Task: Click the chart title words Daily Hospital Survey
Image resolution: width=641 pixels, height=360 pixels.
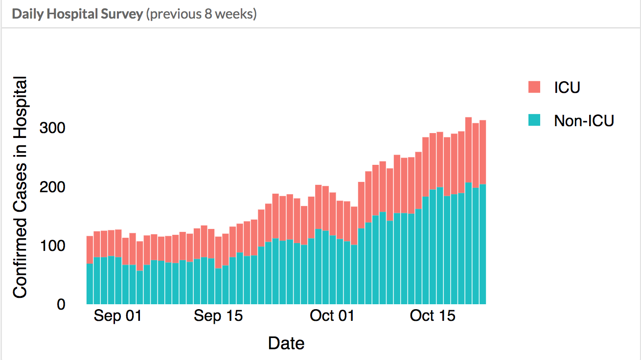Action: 77,14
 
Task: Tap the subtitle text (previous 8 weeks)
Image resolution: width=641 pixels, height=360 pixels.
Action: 201,14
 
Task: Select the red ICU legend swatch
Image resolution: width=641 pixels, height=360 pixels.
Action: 534,87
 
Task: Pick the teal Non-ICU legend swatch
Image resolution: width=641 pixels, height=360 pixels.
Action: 534,120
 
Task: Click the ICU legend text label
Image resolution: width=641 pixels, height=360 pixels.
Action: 567,87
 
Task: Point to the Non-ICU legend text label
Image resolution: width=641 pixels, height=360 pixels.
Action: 584,120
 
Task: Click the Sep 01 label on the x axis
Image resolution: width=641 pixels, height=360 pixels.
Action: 117,315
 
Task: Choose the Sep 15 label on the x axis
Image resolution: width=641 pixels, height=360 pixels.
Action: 218,315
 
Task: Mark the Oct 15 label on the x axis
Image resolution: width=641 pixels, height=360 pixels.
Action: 432,315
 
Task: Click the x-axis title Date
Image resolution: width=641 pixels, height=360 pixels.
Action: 286,343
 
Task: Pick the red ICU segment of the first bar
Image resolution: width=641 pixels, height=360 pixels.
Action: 90,250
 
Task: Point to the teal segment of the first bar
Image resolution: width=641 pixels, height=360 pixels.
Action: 90,284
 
